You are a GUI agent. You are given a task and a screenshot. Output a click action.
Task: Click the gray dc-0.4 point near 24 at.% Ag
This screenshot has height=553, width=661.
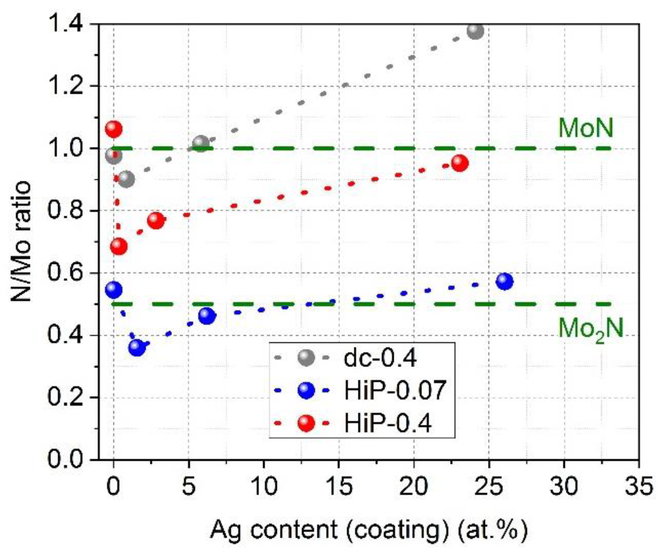[475, 31]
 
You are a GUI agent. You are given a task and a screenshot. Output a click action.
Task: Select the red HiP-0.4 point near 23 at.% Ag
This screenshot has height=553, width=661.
[460, 163]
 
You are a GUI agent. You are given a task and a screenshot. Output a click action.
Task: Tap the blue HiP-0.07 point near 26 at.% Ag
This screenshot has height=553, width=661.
[505, 281]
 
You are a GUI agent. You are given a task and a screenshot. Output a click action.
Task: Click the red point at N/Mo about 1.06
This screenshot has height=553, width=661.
[113, 129]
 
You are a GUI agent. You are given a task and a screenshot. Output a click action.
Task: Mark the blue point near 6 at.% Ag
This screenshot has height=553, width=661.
[207, 316]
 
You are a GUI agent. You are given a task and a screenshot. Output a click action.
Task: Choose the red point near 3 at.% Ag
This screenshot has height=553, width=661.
[156, 220]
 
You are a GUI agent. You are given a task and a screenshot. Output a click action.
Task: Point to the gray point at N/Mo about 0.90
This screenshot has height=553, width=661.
[126, 179]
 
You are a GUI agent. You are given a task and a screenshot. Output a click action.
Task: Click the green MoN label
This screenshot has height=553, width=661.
[586, 128]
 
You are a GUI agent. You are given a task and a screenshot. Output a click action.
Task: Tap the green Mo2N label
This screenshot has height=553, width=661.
[591, 329]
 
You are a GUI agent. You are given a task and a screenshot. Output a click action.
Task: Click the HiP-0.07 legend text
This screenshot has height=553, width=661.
[395, 390]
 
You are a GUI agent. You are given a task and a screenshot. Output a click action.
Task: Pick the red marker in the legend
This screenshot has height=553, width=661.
[306, 423]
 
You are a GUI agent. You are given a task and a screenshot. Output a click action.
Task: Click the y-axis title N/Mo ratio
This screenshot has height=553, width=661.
[21, 241]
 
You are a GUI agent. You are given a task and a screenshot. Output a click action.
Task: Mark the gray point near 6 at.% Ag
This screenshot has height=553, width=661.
[201, 144]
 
